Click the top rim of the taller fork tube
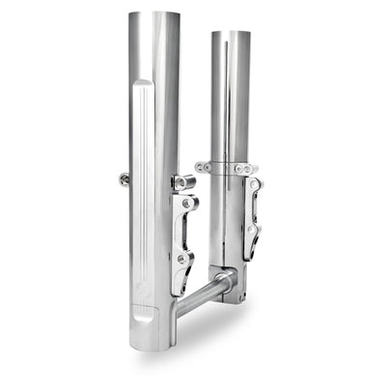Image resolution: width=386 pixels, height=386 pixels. [x=154, y=14]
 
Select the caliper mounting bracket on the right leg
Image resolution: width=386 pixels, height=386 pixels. [x=253, y=217]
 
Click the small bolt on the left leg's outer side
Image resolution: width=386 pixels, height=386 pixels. [x=124, y=179]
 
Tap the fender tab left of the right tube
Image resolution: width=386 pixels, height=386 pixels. [x=203, y=167]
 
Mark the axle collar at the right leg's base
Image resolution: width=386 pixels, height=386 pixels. [x=224, y=282]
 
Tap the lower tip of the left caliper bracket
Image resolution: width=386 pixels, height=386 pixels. [x=179, y=289]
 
